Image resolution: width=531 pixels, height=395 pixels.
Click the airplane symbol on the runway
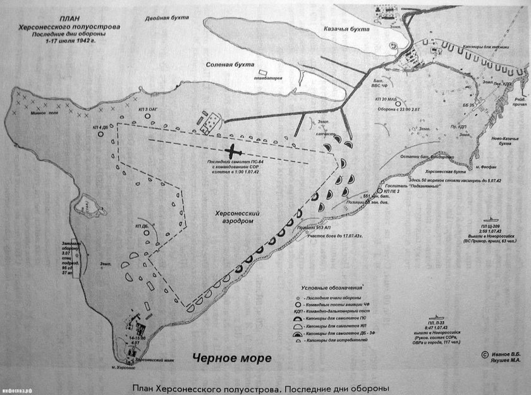coord(234,153)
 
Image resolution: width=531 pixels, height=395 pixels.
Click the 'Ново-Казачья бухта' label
coord(508,140)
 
